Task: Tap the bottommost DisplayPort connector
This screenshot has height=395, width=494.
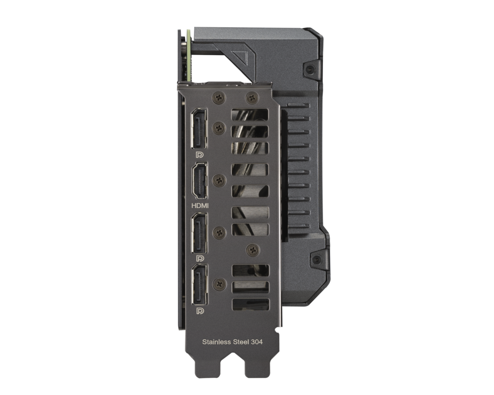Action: (200, 285)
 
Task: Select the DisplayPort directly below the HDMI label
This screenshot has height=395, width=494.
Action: (200, 233)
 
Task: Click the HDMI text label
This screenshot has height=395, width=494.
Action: (200, 205)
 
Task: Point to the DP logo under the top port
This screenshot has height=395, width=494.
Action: (200, 155)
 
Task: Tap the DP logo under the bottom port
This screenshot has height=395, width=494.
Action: (200, 311)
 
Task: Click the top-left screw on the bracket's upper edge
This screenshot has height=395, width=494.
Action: (219, 98)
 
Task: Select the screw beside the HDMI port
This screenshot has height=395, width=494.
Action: (219, 181)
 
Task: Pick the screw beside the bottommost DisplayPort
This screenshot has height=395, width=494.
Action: (219, 284)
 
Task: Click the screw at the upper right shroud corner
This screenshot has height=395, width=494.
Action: (310, 70)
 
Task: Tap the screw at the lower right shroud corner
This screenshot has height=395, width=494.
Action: (317, 259)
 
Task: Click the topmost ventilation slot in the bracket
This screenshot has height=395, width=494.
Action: (250, 115)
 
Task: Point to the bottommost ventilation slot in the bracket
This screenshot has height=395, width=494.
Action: (250, 305)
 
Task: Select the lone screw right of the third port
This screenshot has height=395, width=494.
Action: (253, 250)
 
